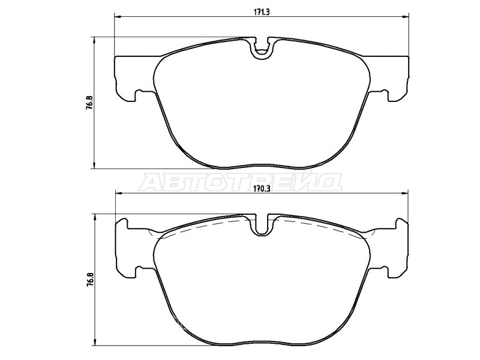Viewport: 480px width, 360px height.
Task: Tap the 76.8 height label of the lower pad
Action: (89, 280)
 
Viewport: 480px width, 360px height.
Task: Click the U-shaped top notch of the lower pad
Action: (261, 225)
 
